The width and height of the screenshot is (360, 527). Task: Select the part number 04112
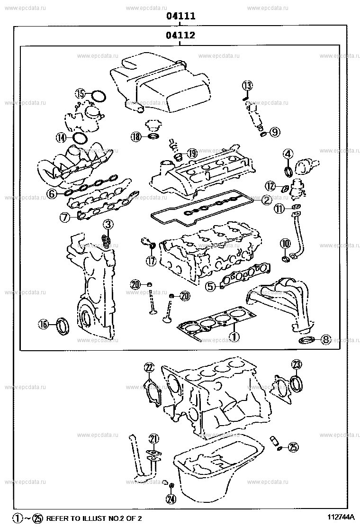[180, 36]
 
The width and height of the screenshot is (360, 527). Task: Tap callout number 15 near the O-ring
[81, 94]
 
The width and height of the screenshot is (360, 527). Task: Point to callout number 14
[61, 138]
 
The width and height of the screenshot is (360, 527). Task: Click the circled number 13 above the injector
[248, 85]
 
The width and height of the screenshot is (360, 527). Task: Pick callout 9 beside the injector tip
[275, 132]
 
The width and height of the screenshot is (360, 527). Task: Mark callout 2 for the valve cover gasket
[266, 200]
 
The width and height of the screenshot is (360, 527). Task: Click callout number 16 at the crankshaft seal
[44, 324]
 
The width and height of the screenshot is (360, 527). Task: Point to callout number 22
[149, 367]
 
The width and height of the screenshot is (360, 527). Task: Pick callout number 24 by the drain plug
[171, 498]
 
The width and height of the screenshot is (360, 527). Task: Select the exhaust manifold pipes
[279, 299]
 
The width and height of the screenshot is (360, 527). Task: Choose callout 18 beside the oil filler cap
[136, 137]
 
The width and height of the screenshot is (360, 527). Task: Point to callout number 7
[65, 217]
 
